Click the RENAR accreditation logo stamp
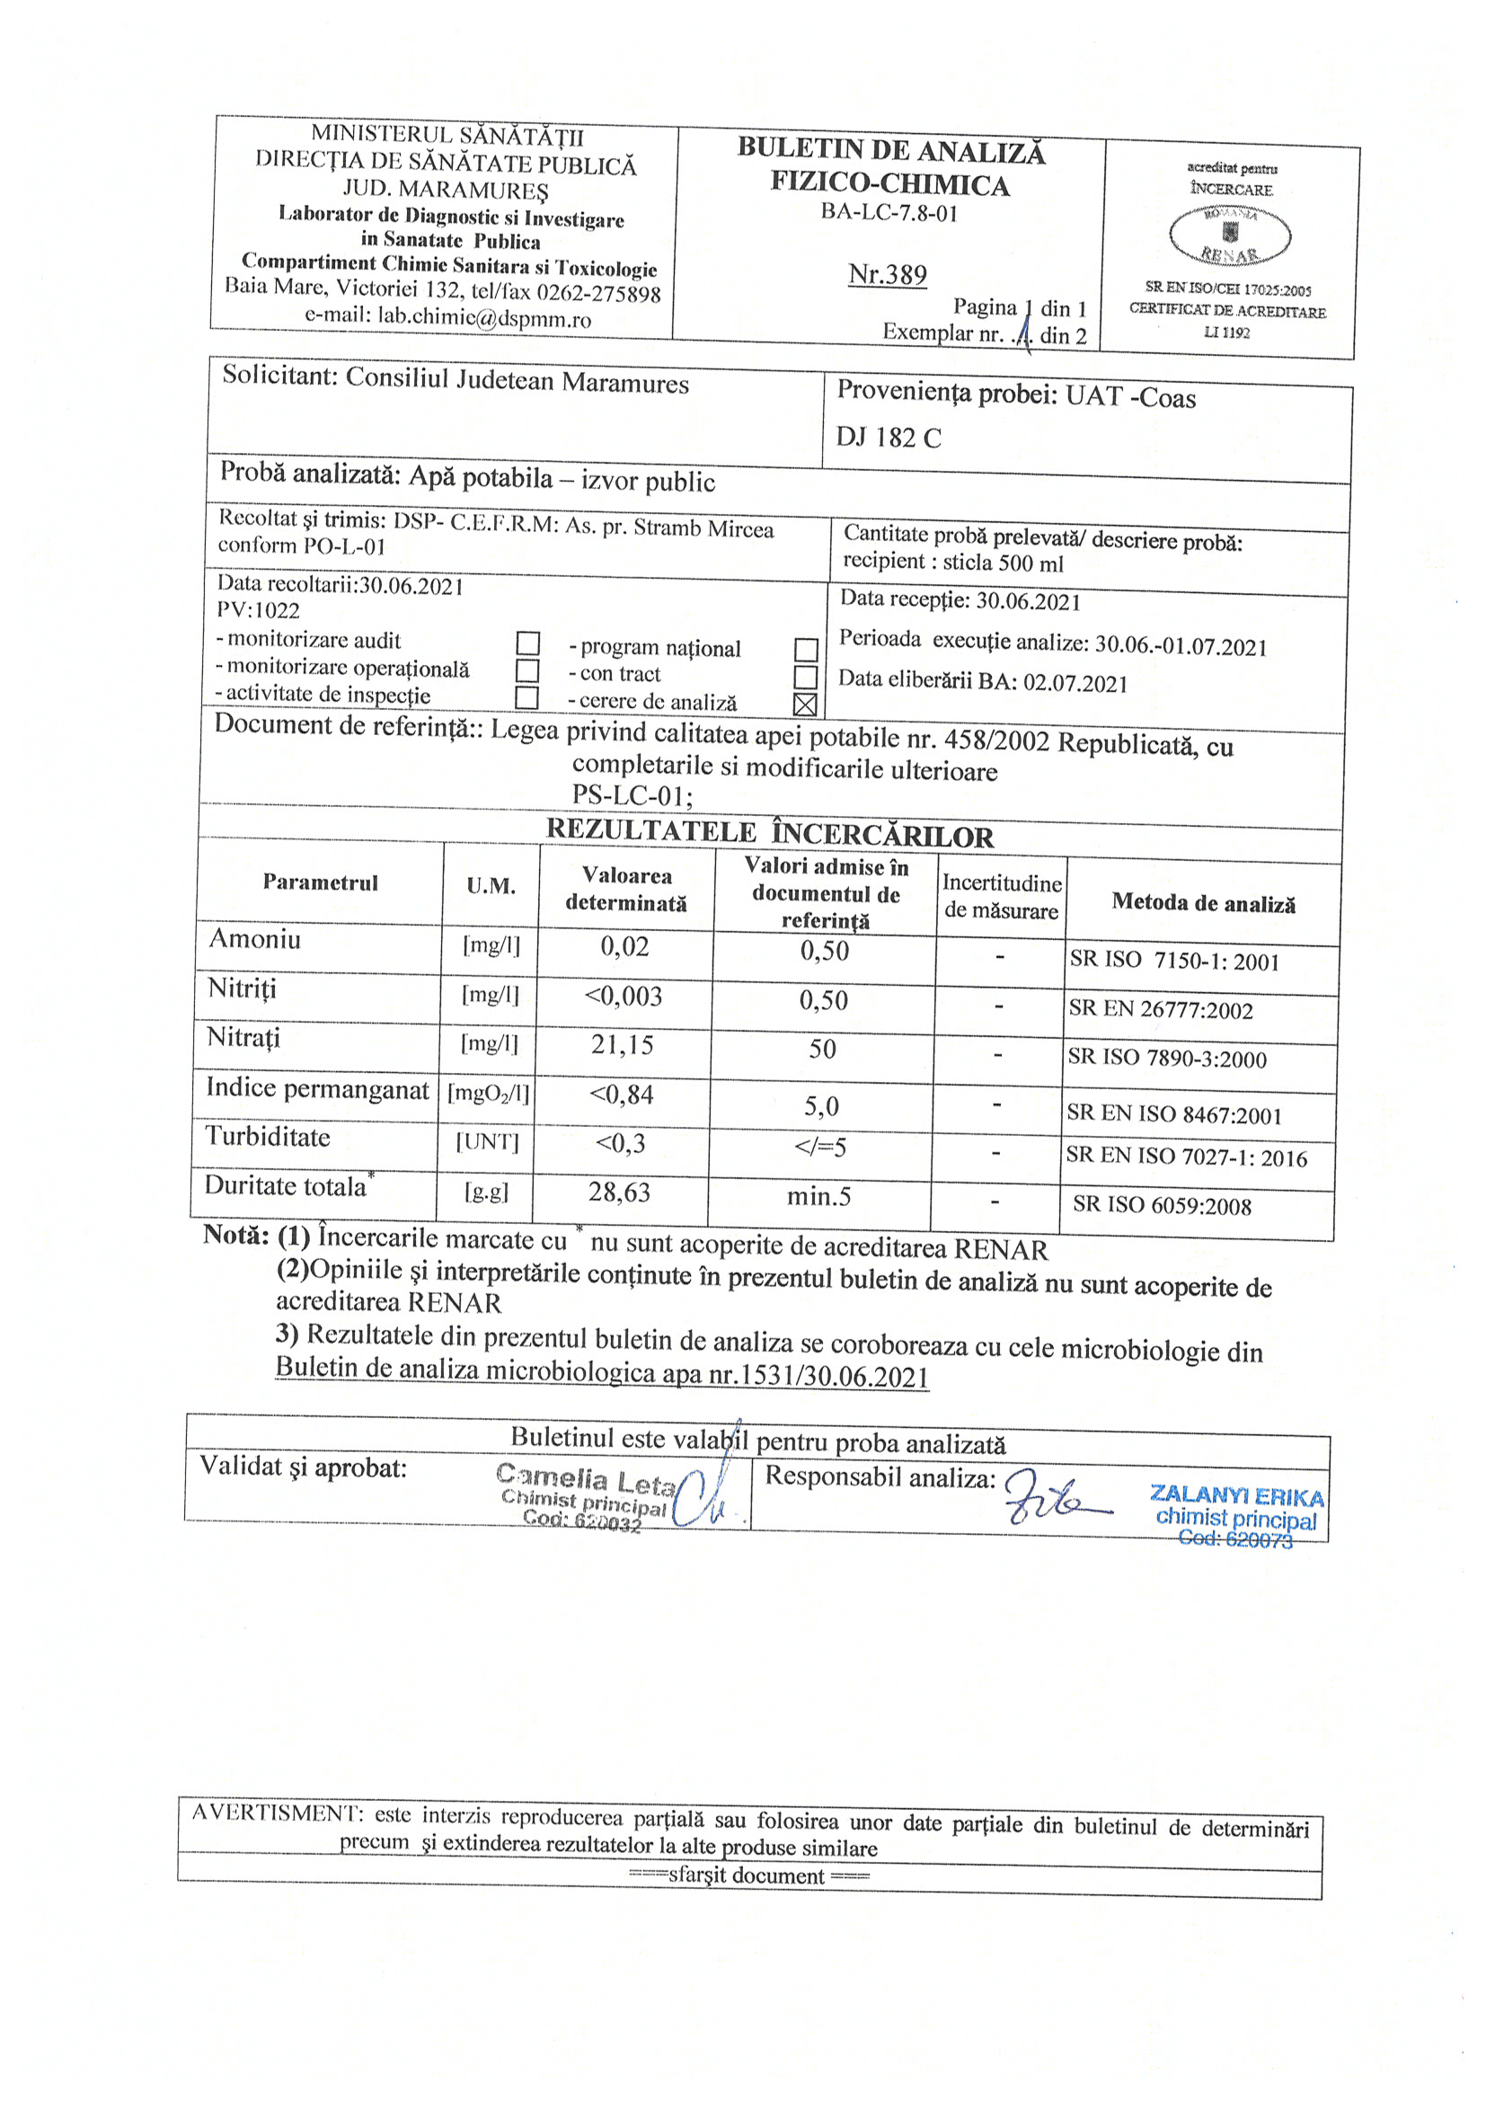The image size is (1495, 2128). coord(1230,235)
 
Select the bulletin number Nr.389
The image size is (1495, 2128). coord(887,274)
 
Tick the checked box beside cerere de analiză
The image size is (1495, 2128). coord(804,705)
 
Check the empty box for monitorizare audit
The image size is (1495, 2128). coord(527,643)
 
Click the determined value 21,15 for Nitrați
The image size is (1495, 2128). coord(622,1045)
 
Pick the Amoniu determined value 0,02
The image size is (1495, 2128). coord(624,946)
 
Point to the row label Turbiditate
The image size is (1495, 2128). coord(268,1136)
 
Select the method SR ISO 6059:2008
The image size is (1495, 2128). coord(1162,1205)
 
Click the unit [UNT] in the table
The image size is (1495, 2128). coord(488,1142)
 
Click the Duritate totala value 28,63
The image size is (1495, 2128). coord(619,1192)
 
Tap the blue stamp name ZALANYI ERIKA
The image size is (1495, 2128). coord(1236,1496)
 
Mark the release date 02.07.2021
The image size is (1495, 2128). coord(1075,684)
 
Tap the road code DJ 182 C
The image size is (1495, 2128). coord(888,438)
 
